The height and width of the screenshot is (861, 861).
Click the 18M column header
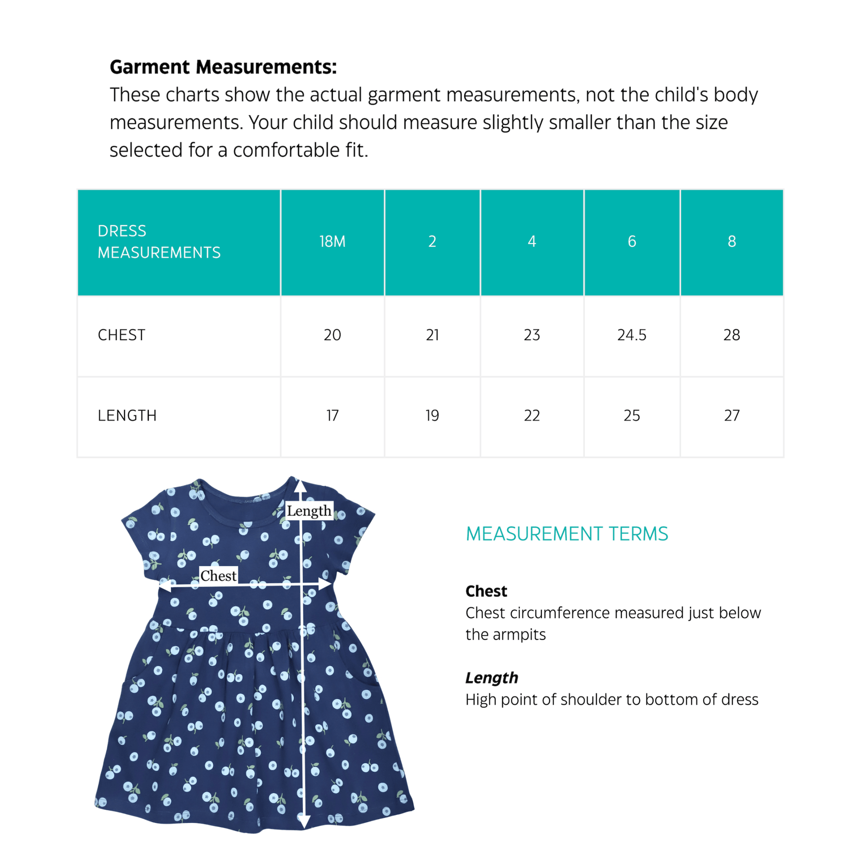332,242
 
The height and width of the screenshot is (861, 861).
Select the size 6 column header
631,242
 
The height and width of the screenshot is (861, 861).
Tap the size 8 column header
731,242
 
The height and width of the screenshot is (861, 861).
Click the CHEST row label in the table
121,335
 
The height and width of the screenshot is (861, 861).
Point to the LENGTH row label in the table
127,416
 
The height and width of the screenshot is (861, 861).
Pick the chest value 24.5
631,335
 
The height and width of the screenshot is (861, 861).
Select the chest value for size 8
731,335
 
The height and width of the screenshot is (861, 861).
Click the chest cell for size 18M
332,335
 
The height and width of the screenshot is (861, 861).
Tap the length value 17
332,416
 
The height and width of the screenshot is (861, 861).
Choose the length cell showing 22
531,416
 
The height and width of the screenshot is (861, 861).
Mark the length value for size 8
731,416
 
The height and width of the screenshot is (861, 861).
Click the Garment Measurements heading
223,67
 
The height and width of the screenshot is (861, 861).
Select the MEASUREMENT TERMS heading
567,534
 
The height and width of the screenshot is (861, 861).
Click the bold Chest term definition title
486,591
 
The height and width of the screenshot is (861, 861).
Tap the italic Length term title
492,678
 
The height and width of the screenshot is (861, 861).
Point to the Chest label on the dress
218,575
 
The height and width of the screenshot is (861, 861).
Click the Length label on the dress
309,511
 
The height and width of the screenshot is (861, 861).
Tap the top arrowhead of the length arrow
300,486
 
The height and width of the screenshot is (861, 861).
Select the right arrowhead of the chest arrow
326,584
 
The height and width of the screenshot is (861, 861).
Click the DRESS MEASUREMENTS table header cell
159,242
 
